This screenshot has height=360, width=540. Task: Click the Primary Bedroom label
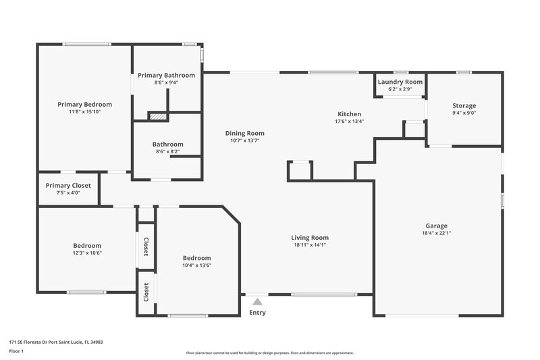[84, 105]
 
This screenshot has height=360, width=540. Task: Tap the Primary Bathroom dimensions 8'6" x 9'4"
[166, 82]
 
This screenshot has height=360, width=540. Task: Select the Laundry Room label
[400, 82]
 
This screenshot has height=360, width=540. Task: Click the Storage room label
[464, 106]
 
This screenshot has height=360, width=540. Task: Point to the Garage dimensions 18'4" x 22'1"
[436, 234]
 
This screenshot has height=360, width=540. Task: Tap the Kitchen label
[349, 114]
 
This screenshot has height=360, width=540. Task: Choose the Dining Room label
[244, 133]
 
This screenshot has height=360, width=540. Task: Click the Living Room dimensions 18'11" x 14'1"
[310, 245]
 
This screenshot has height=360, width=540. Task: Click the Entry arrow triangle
[257, 302]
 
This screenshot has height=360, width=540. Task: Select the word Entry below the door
[257, 313]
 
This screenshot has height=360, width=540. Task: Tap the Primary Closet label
[68, 186]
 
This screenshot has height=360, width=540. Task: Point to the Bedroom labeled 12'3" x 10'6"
[87, 245]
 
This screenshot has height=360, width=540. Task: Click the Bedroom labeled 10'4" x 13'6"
[196, 258]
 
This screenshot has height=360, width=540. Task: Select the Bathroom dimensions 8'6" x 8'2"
[167, 152]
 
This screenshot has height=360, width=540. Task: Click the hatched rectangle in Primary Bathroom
[157, 116]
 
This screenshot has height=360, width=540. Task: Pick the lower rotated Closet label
[146, 292]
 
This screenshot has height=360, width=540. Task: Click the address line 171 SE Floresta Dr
[55, 342]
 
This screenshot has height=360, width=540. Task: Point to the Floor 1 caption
[17, 352]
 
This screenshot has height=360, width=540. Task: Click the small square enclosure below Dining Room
[300, 171]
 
